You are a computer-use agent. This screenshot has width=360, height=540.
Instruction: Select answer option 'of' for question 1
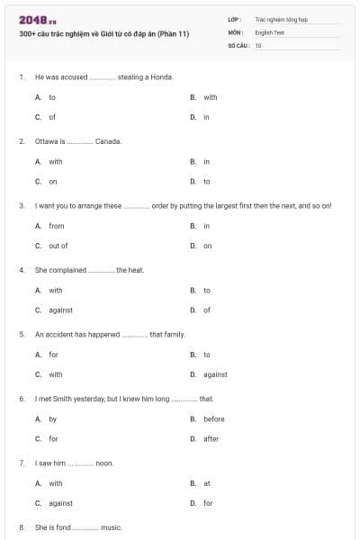tap(52, 117)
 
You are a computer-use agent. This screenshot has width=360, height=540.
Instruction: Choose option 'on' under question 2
tap(53, 181)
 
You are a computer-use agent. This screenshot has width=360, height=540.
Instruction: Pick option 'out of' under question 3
tap(58, 246)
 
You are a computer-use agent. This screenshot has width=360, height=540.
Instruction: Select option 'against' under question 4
tap(60, 310)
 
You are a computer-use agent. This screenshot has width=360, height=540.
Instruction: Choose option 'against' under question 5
tap(215, 374)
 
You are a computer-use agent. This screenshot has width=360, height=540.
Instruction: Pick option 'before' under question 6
tap(213, 418)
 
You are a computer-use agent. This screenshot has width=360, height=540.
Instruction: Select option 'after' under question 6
tap(211, 439)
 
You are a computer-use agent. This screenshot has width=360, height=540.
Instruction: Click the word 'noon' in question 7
tap(104, 463)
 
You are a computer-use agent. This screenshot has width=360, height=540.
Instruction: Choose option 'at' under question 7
tap(207, 483)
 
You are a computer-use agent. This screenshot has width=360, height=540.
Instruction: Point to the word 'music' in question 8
tap(111, 527)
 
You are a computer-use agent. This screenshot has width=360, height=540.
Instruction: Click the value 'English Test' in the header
tap(269, 31)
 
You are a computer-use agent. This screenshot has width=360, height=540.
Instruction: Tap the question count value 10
tap(258, 44)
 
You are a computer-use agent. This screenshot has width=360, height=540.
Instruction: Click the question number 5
tap(22, 334)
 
